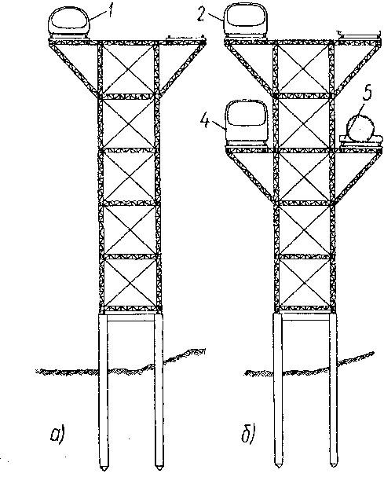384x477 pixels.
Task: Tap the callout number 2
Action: click(201, 14)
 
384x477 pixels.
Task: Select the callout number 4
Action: click(206, 121)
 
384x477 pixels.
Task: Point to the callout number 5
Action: click(368, 94)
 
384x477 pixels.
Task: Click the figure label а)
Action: click(57, 435)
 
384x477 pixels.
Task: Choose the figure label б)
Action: click(248, 434)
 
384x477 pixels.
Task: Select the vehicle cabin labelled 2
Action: click(246, 21)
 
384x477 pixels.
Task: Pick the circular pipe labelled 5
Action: click(360, 128)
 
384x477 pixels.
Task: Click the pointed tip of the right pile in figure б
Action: click(333, 468)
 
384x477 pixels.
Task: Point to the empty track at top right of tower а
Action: click(185, 38)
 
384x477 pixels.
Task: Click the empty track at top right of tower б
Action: click(360, 35)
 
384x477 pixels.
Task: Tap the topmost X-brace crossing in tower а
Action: click(128, 69)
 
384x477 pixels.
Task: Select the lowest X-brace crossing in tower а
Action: click(130, 283)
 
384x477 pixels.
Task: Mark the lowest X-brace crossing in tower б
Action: click(305, 283)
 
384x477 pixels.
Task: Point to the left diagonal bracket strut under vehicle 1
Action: click(75, 68)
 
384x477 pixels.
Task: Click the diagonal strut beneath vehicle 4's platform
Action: click(251, 176)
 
